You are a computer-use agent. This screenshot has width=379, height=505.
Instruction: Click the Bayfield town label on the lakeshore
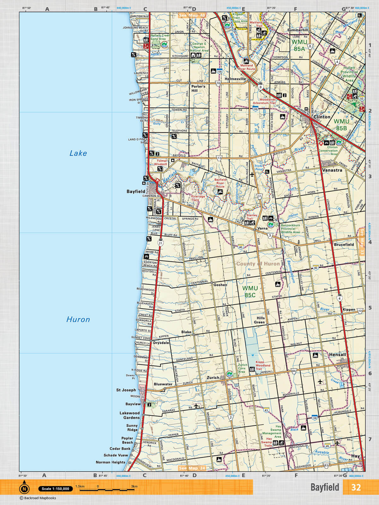(136, 192)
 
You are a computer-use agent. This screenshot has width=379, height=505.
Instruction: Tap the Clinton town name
(322, 117)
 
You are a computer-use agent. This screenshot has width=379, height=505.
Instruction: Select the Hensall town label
(337, 354)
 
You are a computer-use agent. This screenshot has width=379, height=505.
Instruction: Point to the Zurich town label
(213, 377)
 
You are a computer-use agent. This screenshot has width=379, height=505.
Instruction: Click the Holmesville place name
(235, 79)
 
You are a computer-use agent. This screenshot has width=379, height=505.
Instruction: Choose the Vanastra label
(332, 170)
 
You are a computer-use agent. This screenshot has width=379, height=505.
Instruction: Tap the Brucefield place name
(344, 245)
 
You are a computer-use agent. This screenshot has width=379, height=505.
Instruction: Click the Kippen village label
(349, 310)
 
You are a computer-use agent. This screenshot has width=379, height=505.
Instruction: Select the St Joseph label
(126, 390)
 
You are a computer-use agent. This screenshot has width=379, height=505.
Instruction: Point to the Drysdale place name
(161, 343)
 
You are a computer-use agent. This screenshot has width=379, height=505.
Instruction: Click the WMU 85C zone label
(250, 292)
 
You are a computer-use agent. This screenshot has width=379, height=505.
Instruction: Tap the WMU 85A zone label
(299, 45)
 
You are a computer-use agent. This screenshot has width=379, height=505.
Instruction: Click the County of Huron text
(258, 264)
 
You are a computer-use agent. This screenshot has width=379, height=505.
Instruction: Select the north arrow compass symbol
(24, 489)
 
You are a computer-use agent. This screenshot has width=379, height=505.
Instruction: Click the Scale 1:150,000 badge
(56, 489)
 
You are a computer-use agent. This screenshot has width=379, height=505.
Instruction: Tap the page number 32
(356, 487)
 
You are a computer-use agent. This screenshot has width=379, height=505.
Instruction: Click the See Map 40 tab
(192, 15)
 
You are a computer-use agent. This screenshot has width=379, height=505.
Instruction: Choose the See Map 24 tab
(192, 468)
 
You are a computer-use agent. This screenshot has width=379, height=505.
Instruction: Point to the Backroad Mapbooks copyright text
(38, 498)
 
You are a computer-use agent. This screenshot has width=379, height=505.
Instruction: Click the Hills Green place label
(260, 320)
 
